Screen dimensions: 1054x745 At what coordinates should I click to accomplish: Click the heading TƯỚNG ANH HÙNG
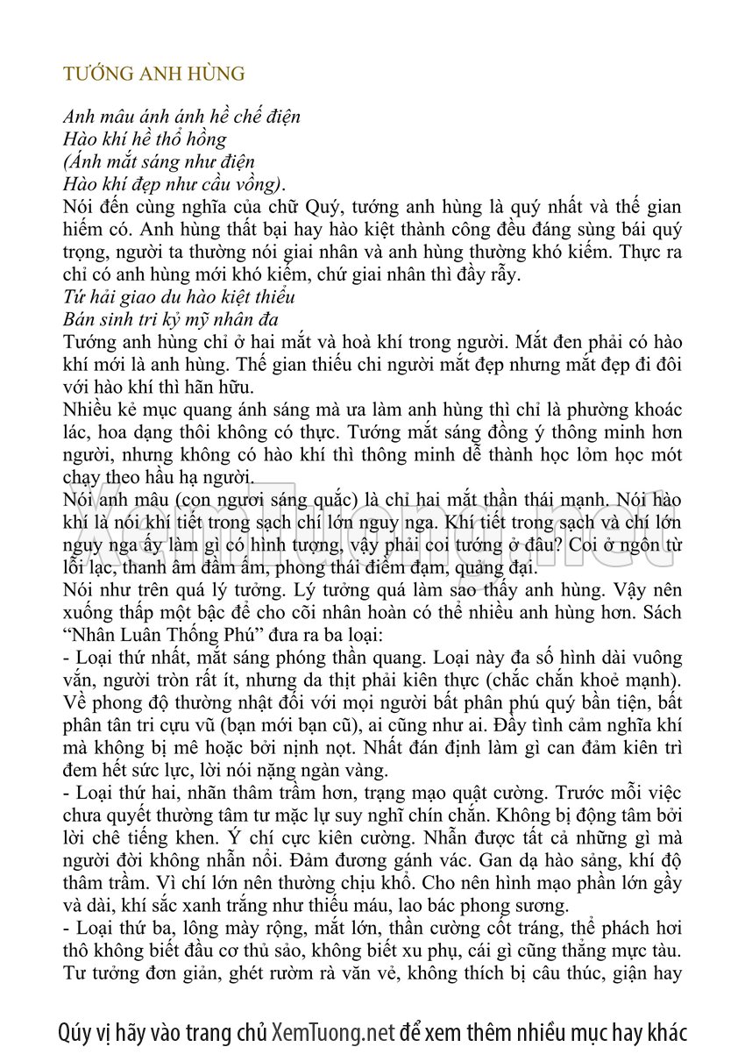(x=153, y=74)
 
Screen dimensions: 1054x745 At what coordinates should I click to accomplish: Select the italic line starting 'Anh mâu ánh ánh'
(x=181, y=117)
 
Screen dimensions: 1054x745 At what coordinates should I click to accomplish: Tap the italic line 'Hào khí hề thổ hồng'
(x=145, y=139)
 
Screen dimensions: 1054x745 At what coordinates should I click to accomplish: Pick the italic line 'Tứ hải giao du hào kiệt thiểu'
(x=179, y=297)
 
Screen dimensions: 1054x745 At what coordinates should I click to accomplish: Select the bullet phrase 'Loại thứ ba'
(x=119, y=927)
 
